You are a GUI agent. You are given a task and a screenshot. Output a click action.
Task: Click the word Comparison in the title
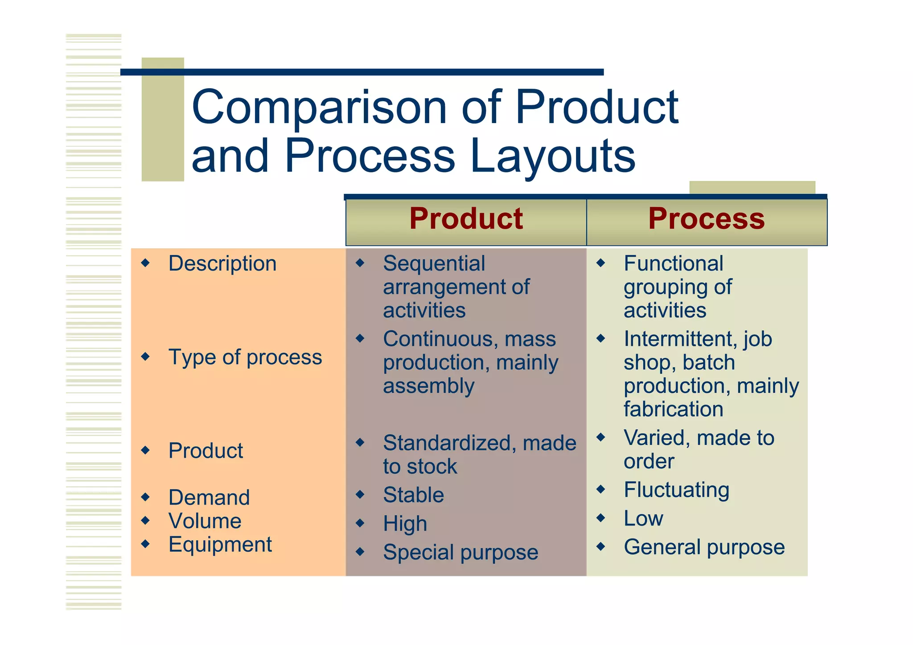pyautogui.click(x=319, y=108)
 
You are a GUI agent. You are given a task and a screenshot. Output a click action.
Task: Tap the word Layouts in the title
pyautogui.click(x=552, y=156)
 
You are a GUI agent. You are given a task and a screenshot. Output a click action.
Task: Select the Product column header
pyautogui.click(x=466, y=219)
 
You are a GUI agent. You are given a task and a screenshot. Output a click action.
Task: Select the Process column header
pyautogui.click(x=706, y=219)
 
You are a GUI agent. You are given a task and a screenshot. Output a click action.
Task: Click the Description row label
pyautogui.click(x=222, y=263)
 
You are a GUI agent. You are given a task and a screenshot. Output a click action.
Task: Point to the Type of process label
pyautogui.click(x=245, y=357)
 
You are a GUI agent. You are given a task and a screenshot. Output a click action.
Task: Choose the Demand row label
pyautogui.click(x=209, y=497)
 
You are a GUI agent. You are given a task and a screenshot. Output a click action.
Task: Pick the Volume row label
pyautogui.click(x=205, y=521)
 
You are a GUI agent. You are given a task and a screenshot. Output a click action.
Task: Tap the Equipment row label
pyautogui.click(x=220, y=545)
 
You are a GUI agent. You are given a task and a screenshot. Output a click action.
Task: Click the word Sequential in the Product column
pyautogui.click(x=434, y=263)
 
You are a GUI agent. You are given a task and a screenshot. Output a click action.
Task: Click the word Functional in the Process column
pyautogui.click(x=673, y=263)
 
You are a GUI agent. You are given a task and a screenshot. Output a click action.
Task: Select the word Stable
pyautogui.click(x=413, y=495)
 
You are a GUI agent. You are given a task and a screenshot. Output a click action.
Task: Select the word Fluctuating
pyautogui.click(x=676, y=490)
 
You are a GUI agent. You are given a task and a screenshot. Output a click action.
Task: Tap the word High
pyautogui.click(x=405, y=524)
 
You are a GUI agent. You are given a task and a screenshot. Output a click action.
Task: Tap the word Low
pyautogui.click(x=643, y=518)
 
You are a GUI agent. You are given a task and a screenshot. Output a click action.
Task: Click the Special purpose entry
pyautogui.click(x=461, y=553)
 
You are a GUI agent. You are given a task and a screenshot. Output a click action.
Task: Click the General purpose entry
pyautogui.click(x=704, y=547)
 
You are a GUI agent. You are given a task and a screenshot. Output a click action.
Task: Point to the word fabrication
pyautogui.click(x=673, y=409)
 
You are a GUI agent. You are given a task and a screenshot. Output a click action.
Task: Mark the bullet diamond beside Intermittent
pyautogui.click(x=600, y=339)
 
